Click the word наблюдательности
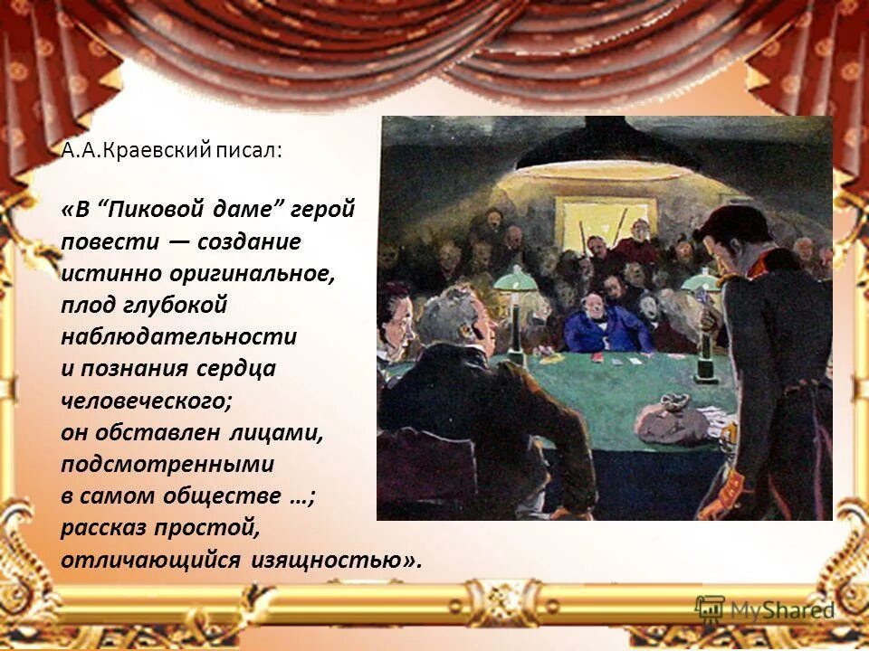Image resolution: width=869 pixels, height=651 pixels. pyautogui.click(x=179, y=336)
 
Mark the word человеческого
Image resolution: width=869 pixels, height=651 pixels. pyautogui.click(x=129, y=399)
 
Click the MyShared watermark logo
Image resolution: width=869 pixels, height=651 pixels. pyautogui.click(x=764, y=610)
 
